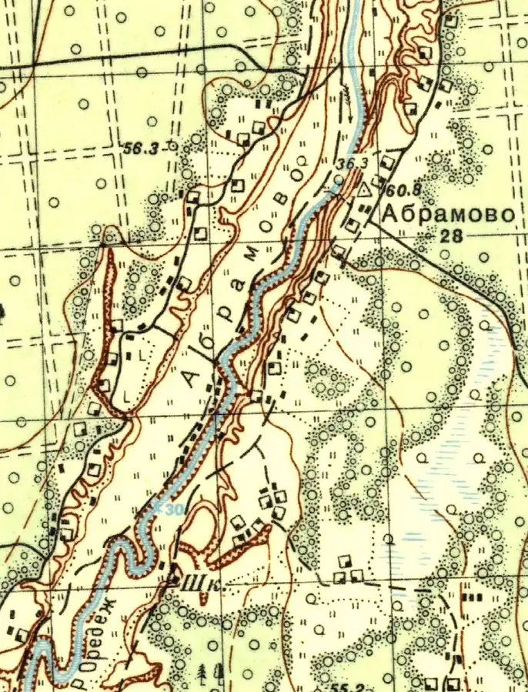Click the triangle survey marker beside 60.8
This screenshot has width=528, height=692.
366,188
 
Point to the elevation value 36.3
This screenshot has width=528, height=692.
351,162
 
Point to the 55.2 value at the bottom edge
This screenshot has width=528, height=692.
349,684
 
